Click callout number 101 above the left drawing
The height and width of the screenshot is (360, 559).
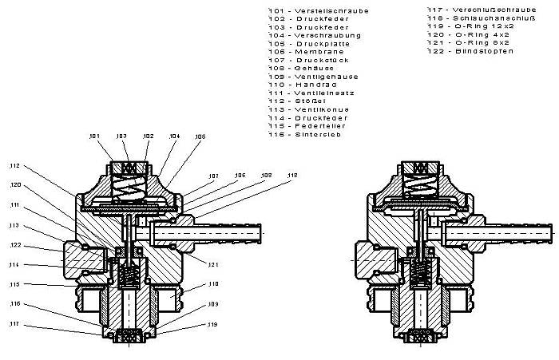tap(96, 136)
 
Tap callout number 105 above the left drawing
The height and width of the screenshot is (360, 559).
tap(199, 136)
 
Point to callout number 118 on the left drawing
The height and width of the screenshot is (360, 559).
tap(292, 175)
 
